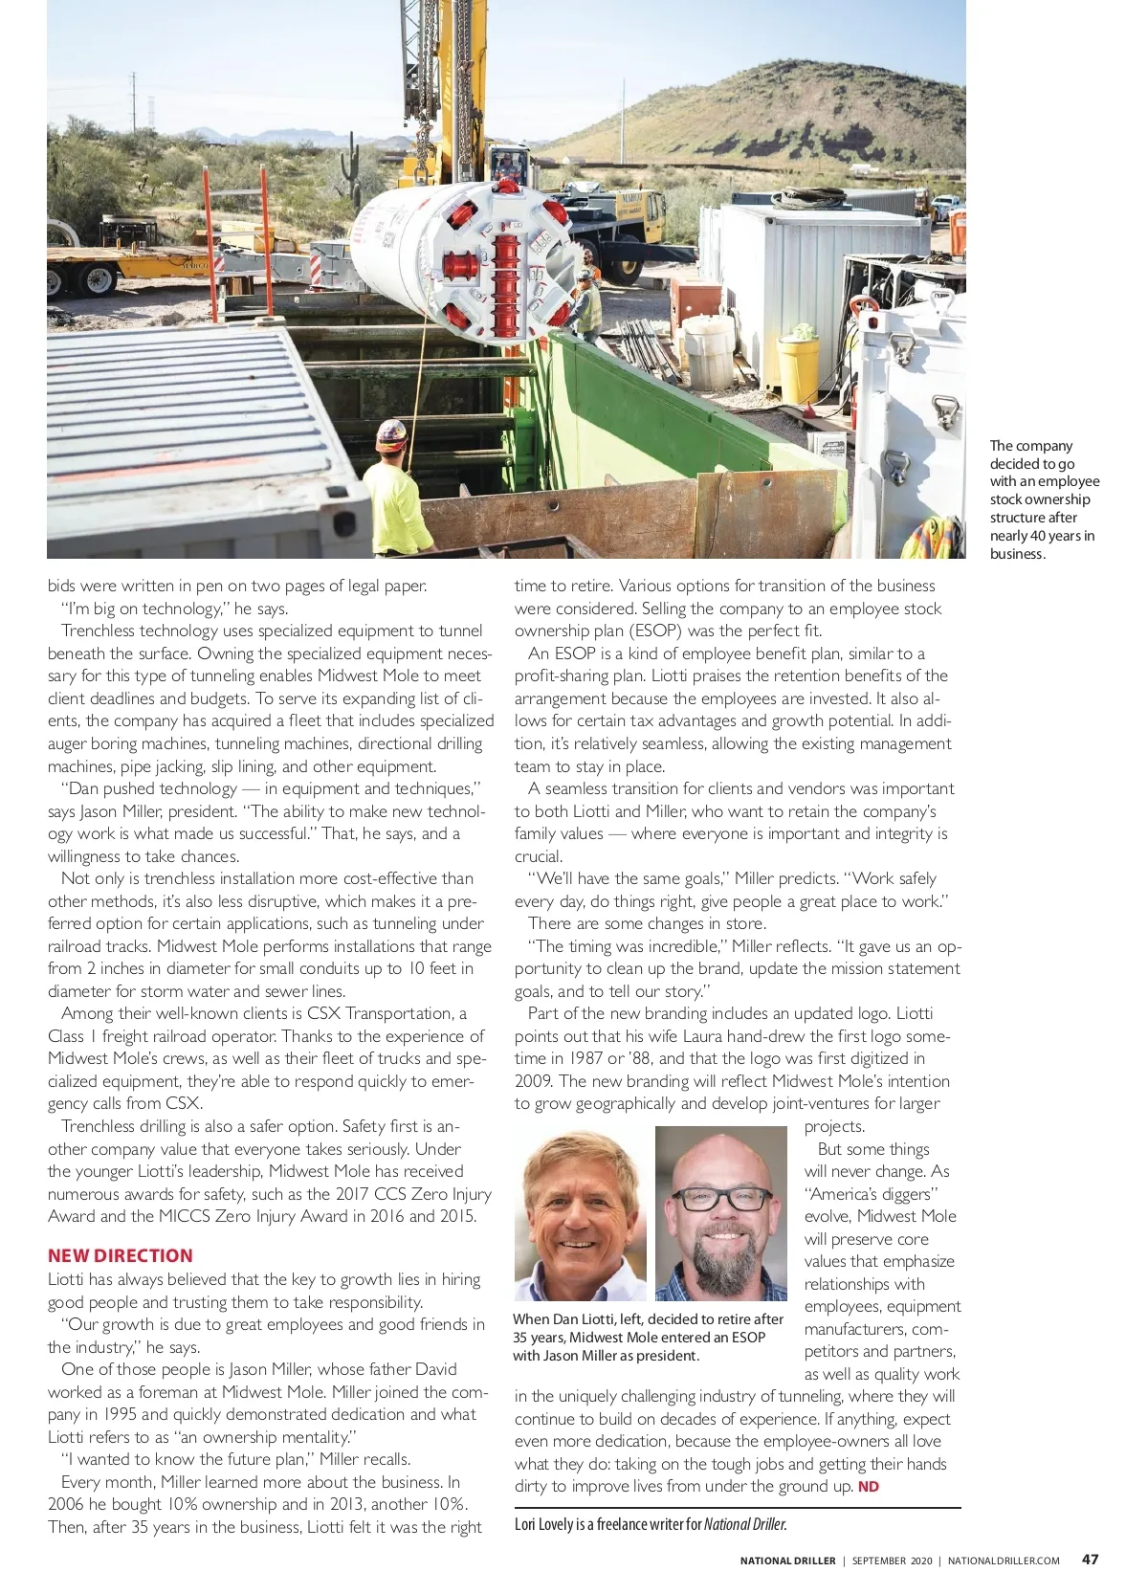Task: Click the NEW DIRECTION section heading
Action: [x=121, y=1255]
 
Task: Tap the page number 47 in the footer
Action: [x=1090, y=1559]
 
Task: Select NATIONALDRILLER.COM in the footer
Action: [x=1004, y=1561]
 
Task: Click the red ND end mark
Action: [x=869, y=1486]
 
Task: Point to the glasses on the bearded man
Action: [x=720, y=1198]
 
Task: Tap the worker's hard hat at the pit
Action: [x=391, y=434]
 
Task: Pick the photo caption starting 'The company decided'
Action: [x=1044, y=499]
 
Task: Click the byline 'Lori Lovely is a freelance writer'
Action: [x=651, y=1524]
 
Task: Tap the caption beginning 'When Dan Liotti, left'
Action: [x=648, y=1337]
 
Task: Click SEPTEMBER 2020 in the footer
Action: [x=892, y=1561]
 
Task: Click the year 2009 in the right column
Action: [x=533, y=1081]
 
